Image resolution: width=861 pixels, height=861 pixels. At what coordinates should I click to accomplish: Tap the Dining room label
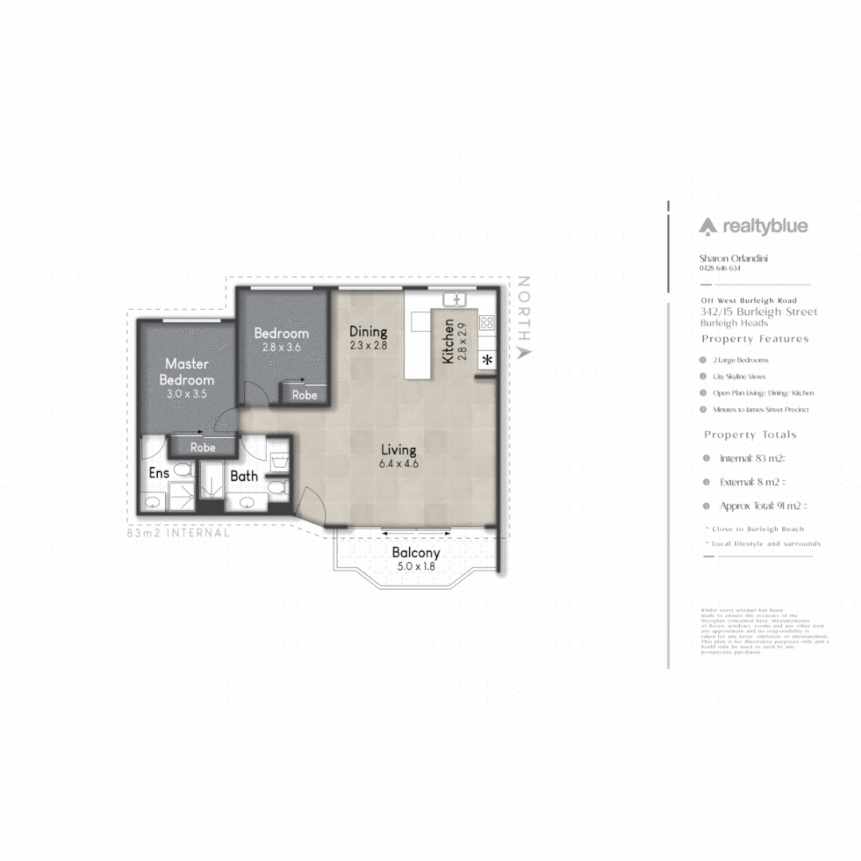pyautogui.click(x=368, y=332)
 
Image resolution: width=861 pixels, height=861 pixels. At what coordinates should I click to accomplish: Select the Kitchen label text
pyautogui.click(x=449, y=340)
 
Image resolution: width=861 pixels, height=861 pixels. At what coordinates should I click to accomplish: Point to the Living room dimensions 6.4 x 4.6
pyautogui.click(x=399, y=463)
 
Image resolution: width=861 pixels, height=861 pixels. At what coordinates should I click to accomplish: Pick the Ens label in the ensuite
pyautogui.click(x=159, y=473)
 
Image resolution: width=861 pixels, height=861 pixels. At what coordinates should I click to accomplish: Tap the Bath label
pyautogui.click(x=244, y=476)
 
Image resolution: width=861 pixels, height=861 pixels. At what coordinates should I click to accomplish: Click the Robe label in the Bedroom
pyautogui.click(x=304, y=395)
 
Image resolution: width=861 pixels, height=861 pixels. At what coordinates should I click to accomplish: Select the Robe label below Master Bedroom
pyautogui.click(x=202, y=447)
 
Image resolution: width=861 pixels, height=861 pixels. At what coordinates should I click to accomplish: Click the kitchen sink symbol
pyautogui.click(x=454, y=300)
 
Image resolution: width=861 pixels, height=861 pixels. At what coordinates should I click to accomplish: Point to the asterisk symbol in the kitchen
pyautogui.click(x=486, y=359)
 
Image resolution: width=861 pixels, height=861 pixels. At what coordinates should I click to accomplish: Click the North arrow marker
pyautogui.click(x=524, y=352)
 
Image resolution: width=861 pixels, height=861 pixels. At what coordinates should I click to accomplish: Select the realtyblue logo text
pyautogui.click(x=753, y=226)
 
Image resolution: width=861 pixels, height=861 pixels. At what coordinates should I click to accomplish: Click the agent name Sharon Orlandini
pyautogui.click(x=733, y=258)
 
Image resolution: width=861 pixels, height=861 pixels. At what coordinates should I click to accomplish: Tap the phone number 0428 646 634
pyautogui.click(x=720, y=269)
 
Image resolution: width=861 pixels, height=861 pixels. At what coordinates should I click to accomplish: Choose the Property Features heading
pyautogui.click(x=755, y=339)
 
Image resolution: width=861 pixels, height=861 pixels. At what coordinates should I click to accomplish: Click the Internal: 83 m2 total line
pyautogui.click(x=753, y=458)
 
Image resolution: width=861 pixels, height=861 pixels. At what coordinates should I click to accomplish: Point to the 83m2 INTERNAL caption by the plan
pyautogui.click(x=179, y=533)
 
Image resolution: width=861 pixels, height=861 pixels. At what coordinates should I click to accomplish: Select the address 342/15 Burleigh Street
pyautogui.click(x=758, y=312)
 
